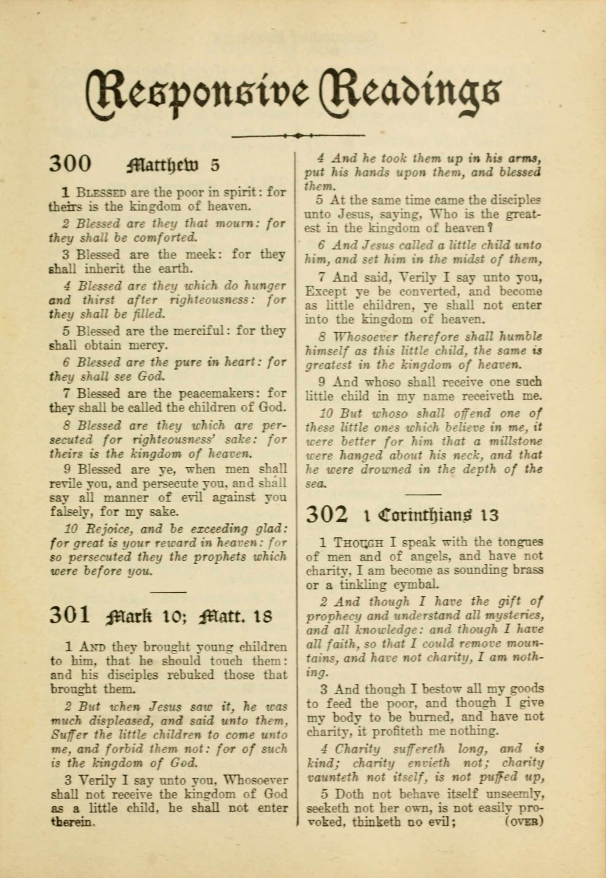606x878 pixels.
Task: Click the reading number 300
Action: click(x=70, y=164)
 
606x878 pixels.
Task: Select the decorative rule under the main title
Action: click(x=298, y=135)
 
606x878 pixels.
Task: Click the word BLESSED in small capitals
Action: click(x=101, y=192)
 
